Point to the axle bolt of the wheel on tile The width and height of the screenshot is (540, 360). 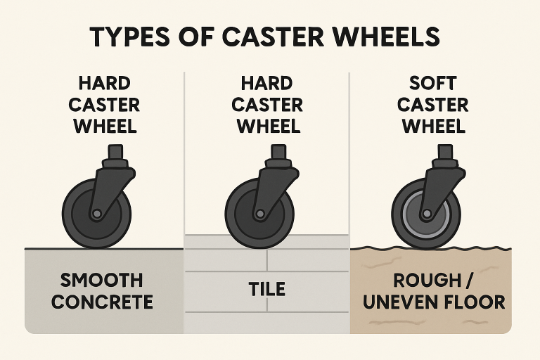pos(260,212)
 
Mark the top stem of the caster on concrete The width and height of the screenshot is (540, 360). pos(114,152)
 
